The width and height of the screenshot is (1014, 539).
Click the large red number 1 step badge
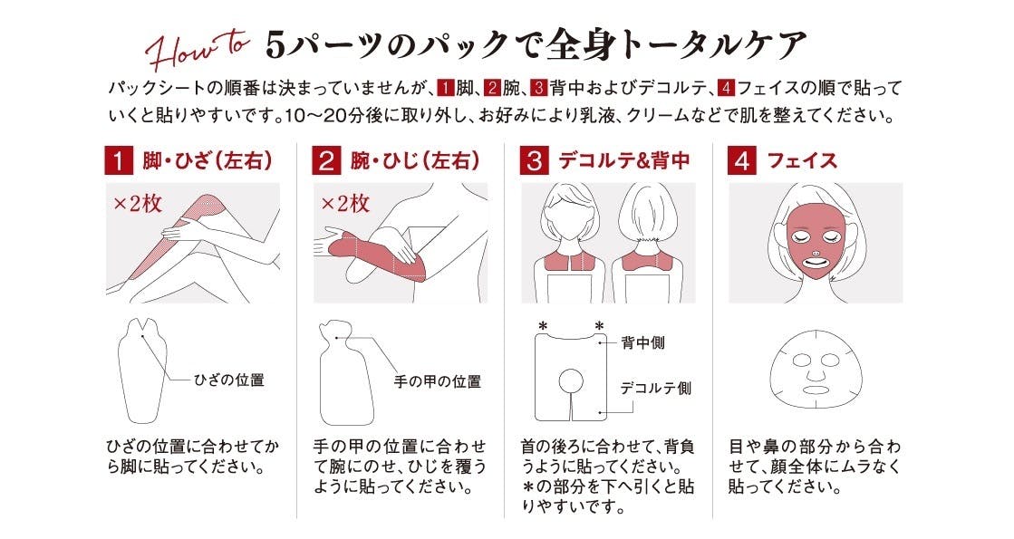point(119,160)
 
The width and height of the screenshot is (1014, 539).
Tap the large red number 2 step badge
point(326,160)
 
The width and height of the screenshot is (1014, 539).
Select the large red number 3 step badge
point(534,160)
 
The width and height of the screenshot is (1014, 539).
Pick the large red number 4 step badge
point(742,160)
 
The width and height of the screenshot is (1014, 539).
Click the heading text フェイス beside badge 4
point(802,160)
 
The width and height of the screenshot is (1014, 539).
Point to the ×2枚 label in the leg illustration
point(138,204)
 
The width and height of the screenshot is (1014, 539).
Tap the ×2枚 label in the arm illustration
point(345,204)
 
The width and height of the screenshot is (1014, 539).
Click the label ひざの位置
point(229,380)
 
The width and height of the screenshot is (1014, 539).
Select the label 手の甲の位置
point(438,381)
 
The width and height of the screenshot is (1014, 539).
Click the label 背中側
point(643,342)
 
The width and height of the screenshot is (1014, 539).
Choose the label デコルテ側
point(656,388)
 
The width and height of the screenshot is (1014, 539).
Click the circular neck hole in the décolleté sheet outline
point(572,381)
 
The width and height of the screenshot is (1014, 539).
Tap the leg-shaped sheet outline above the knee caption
point(142,371)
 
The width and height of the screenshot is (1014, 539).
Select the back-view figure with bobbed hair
point(649,245)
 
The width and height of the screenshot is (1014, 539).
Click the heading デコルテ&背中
point(624,160)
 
